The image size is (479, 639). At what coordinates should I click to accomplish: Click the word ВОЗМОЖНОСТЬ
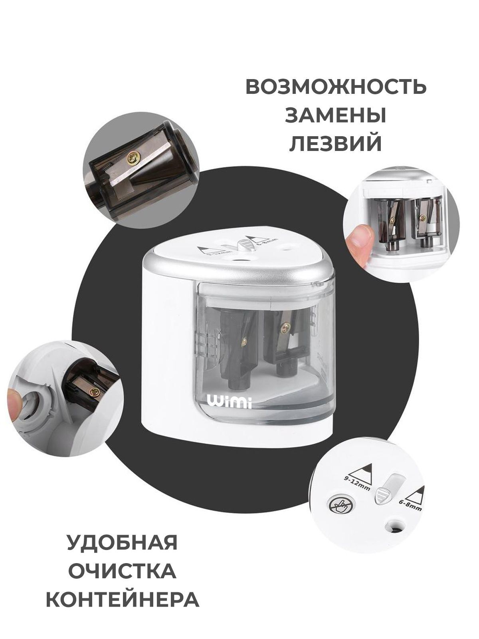point(336,86)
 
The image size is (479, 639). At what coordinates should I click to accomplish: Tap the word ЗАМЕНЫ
point(336,115)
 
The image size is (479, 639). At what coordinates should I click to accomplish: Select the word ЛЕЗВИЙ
point(336,143)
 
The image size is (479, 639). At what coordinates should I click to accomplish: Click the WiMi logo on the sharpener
point(230,402)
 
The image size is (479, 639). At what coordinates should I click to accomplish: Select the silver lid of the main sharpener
point(238,260)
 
